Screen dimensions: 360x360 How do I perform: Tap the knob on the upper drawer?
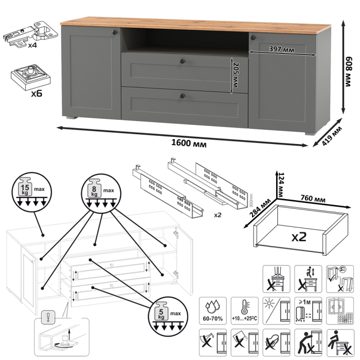point(182,62)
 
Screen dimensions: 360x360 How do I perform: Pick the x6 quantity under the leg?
point(35,94)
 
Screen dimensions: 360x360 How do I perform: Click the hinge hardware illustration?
point(26,32)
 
